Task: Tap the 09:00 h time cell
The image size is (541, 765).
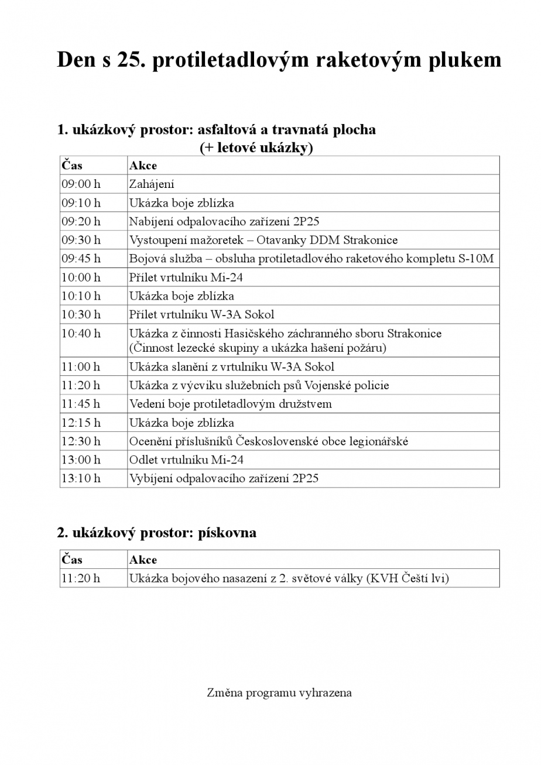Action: [81, 184]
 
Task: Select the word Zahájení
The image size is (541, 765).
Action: [152, 184]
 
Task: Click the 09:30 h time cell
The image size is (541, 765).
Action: [81, 240]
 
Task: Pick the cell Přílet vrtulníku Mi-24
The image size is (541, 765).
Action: [186, 277]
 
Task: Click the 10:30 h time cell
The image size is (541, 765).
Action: [81, 314]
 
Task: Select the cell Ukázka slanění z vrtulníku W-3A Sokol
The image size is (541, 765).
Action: [232, 367]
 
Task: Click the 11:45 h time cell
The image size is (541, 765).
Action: [81, 404]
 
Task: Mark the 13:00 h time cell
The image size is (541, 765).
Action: [81, 460]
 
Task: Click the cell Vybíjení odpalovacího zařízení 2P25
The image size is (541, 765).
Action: [224, 478]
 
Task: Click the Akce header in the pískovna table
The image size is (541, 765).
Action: [143, 560]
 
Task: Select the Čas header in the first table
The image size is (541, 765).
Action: [72, 166]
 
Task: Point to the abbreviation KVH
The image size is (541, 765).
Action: [384, 578]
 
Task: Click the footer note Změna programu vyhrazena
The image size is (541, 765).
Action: [279, 693]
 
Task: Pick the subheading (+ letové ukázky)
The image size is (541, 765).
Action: [256, 148]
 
